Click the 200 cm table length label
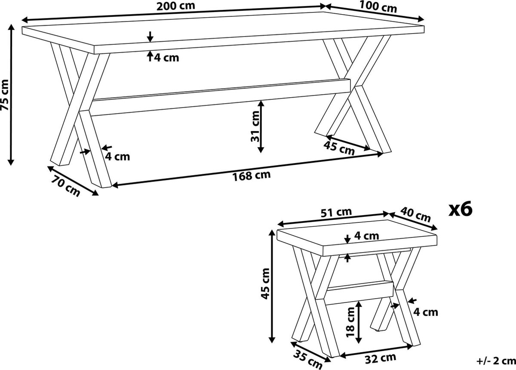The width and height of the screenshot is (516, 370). pyautogui.click(x=176, y=6)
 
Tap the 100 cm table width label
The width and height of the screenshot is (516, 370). pyautogui.click(x=378, y=6)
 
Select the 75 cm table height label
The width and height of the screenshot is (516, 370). pyautogui.click(x=5, y=95)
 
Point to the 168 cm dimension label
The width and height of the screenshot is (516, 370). pyautogui.click(x=251, y=176)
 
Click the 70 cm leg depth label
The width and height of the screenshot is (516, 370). pyautogui.click(x=65, y=185)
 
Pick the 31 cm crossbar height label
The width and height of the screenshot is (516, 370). pyautogui.click(x=255, y=126)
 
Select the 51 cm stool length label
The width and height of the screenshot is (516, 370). pyautogui.click(x=337, y=212)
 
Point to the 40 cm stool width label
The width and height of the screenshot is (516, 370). pyautogui.click(x=415, y=214)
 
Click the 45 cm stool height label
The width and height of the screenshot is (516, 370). pyautogui.click(x=265, y=284)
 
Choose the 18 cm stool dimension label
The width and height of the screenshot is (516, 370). pyautogui.click(x=350, y=322)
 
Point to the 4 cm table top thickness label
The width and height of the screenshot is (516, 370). pyautogui.click(x=166, y=58)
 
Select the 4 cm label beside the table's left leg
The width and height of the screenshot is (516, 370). pyautogui.click(x=117, y=157)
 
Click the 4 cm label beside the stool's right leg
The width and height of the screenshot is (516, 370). pyautogui.click(x=425, y=312)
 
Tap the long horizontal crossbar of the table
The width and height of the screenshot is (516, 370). pyautogui.click(x=221, y=97)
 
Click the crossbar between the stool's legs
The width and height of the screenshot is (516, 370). pyautogui.click(x=359, y=292)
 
